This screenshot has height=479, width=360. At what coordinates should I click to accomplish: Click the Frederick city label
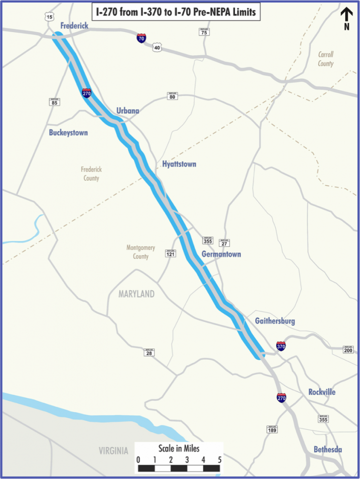(x=74, y=26)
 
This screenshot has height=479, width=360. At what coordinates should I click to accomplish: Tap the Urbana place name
(x=128, y=111)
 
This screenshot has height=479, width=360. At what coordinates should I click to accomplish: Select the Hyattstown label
(x=179, y=164)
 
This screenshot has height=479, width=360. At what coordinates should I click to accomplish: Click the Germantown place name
(x=221, y=254)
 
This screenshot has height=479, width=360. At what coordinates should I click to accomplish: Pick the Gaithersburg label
(x=275, y=321)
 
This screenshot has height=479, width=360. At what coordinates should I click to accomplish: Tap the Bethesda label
(x=328, y=449)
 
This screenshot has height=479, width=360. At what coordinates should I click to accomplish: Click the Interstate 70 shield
(x=141, y=38)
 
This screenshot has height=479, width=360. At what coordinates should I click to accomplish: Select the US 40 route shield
(x=157, y=47)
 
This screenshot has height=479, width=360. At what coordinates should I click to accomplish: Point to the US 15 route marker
(x=49, y=17)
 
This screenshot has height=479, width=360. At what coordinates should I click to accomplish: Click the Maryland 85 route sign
(x=54, y=102)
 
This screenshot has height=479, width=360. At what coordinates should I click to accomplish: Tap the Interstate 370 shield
(x=281, y=346)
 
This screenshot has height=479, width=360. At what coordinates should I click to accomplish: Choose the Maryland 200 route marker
(x=348, y=349)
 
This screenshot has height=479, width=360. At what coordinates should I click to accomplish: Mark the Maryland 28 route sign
(x=149, y=352)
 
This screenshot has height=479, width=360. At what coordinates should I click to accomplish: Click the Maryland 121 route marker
(x=170, y=253)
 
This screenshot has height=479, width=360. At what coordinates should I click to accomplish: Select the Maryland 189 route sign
(x=271, y=429)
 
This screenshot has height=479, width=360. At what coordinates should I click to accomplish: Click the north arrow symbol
(x=347, y=17)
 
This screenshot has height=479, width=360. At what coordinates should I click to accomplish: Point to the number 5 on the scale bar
(x=219, y=460)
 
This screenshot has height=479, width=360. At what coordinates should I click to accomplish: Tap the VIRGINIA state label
(x=113, y=450)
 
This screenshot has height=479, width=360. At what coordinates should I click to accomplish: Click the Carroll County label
(x=326, y=59)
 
